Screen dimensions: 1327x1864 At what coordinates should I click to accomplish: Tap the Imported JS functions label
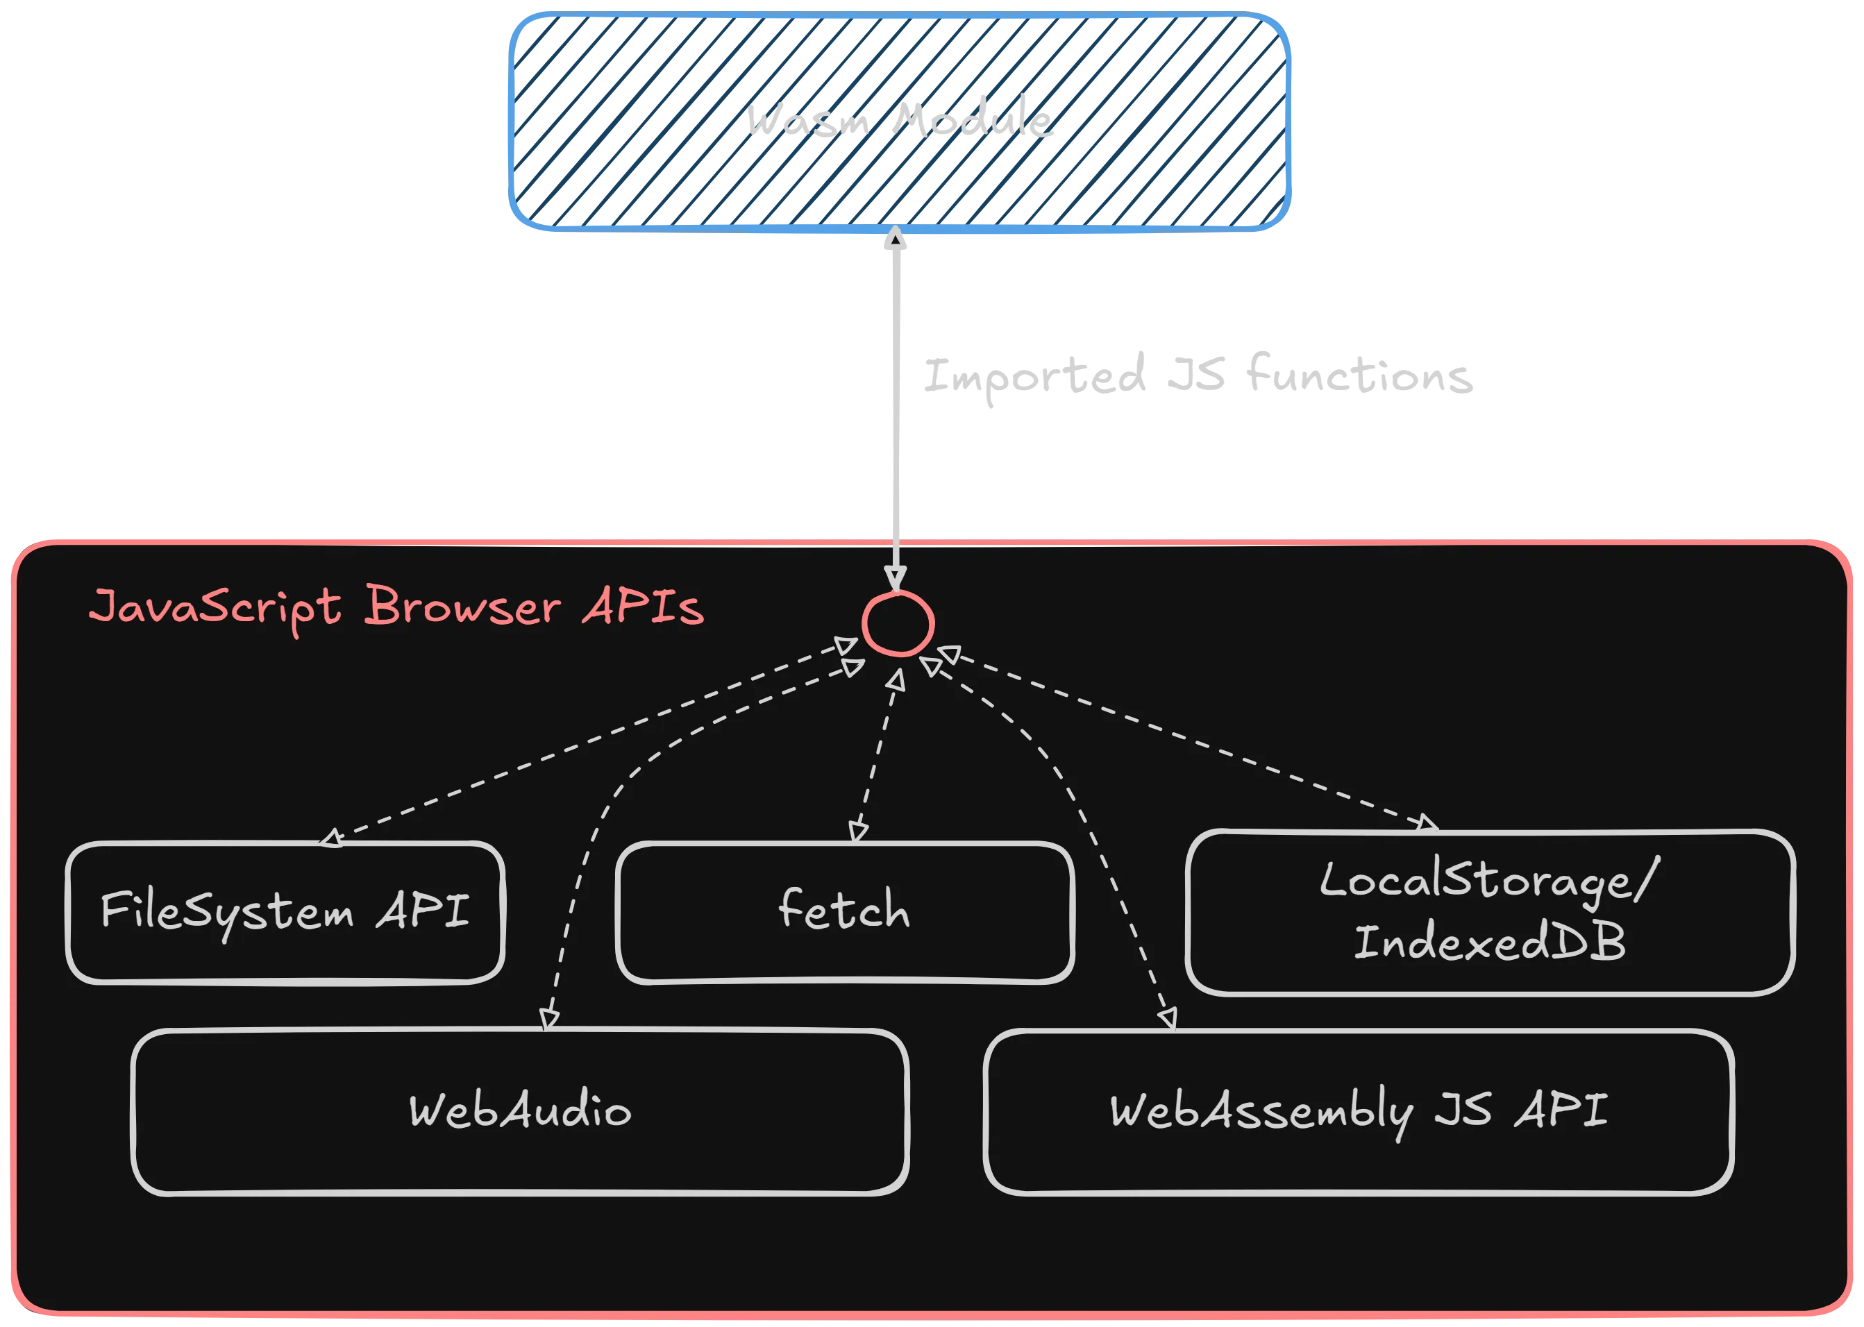[x=1197, y=377]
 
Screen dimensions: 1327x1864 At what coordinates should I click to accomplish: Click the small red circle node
[x=897, y=624]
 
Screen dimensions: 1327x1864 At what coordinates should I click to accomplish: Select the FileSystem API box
[x=285, y=912]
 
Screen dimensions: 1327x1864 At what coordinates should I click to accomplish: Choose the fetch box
[x=844, y=912]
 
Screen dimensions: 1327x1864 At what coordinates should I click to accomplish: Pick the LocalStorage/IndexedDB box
[x=1489, y=912]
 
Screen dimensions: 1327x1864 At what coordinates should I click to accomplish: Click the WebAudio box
[x=520, y=1111]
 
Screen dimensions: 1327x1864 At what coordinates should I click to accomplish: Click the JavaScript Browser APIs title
[x=396, y=608]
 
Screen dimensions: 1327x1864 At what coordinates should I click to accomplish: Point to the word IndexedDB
[x=1489, y=942]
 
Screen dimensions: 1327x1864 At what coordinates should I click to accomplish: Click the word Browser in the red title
[x=462, y=607]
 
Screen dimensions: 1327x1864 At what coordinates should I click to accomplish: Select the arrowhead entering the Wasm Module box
[x=896, y=239]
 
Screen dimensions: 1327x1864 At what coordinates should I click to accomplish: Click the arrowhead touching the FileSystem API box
[x=331, y=838]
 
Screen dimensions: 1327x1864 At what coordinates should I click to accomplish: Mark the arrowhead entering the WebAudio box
[x=549, y=1019]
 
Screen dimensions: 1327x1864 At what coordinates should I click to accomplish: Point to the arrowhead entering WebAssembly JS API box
[x=1168, y=1019]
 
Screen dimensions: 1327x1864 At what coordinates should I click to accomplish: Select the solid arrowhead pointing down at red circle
[x=896, y=577]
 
